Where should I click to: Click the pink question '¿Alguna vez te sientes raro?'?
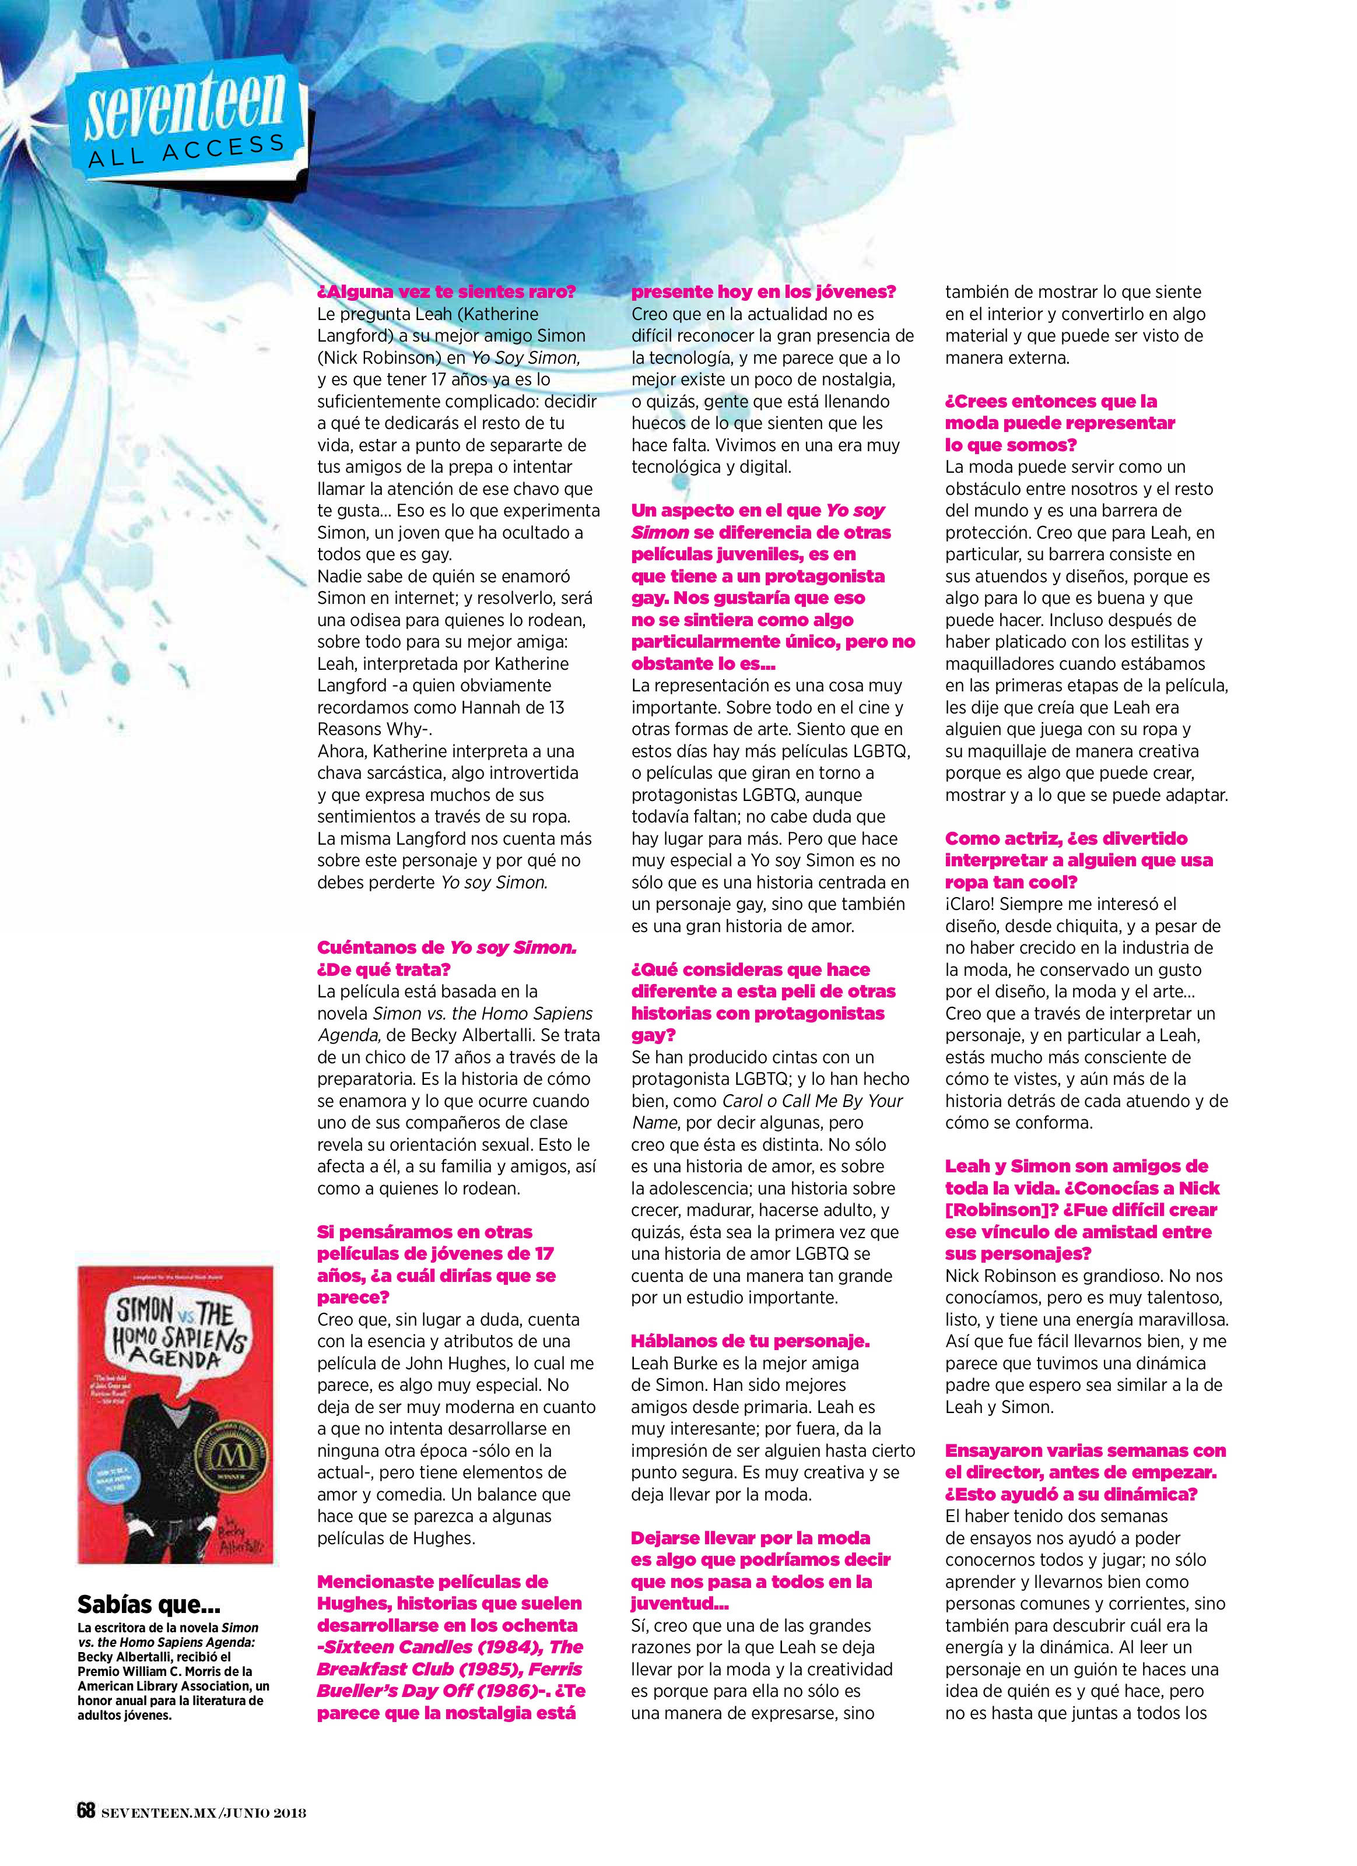coord(446,291)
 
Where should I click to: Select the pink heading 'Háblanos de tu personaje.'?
coord(750,1341)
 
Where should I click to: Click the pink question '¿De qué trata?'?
coord(384,969)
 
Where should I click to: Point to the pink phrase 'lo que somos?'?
coord(1011,445)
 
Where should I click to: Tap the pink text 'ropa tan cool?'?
coord(1011,882)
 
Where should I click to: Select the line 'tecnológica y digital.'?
coord(711,466)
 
